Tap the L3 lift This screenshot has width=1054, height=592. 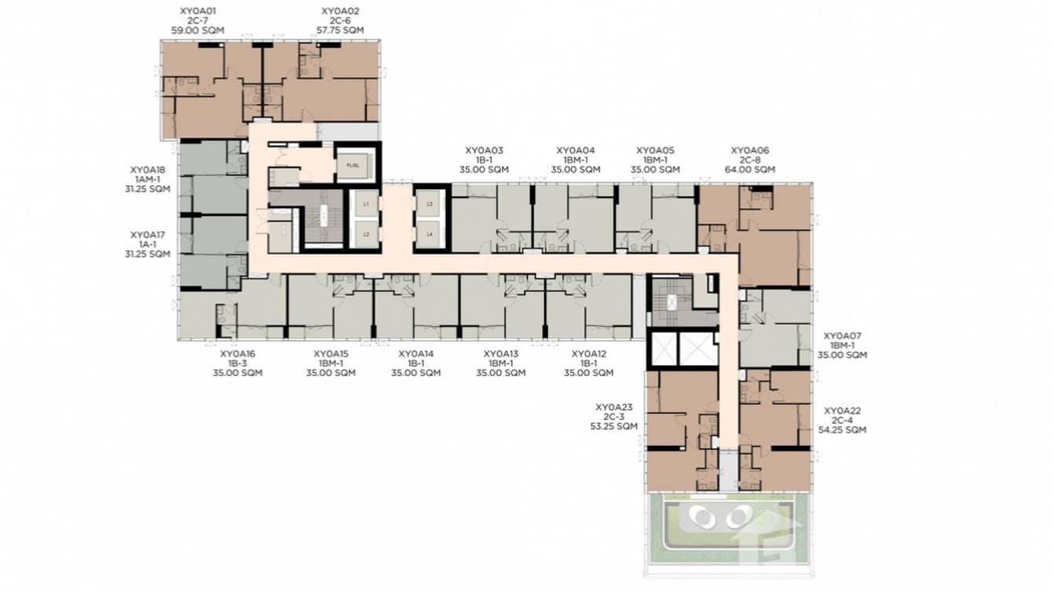(429, 204)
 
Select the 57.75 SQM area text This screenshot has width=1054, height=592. (341, 30)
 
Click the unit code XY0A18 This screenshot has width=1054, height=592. (148, 169)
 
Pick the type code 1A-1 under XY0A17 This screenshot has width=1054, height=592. (148, 244)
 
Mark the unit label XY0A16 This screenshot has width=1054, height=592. (237, 354)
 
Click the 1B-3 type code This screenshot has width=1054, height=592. (237, 364)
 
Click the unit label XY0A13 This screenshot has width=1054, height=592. (501, 354)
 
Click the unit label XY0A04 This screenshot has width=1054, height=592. (576, 150)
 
